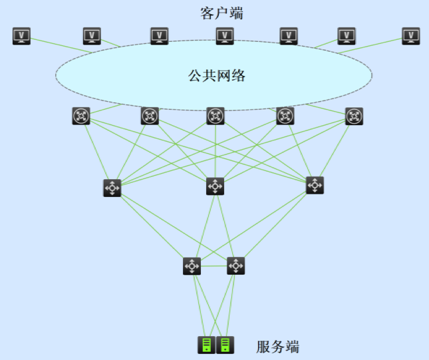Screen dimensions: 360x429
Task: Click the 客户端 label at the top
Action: point(221,13)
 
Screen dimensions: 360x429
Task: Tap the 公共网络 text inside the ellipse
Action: point(217,76)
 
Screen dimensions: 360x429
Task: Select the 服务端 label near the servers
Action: point(278,347)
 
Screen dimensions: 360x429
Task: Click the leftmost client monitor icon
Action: point(22,36)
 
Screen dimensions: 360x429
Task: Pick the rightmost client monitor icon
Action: point(412,36)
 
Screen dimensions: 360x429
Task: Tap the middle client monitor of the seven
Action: point(225,36)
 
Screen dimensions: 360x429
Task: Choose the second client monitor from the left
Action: point(92,36)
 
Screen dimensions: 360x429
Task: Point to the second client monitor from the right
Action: point(347,36)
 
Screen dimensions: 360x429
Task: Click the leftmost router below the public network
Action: point(81,116)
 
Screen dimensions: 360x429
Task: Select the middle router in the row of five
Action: point(215,116)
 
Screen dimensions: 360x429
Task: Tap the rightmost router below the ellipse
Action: point(355,116)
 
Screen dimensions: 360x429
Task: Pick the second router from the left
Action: point(150,116)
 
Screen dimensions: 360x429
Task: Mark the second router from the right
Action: point(285,116)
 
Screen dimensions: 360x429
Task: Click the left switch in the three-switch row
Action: point(112,188)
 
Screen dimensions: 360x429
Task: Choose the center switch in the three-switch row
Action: point(215,186)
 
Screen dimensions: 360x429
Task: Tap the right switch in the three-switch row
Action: point(315,185)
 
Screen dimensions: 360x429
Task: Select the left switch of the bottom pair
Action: point(192,266)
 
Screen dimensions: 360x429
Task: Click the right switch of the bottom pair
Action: point(235,266)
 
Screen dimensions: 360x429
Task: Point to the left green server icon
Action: point(206,345)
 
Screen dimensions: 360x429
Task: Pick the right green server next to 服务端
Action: point(225,345)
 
